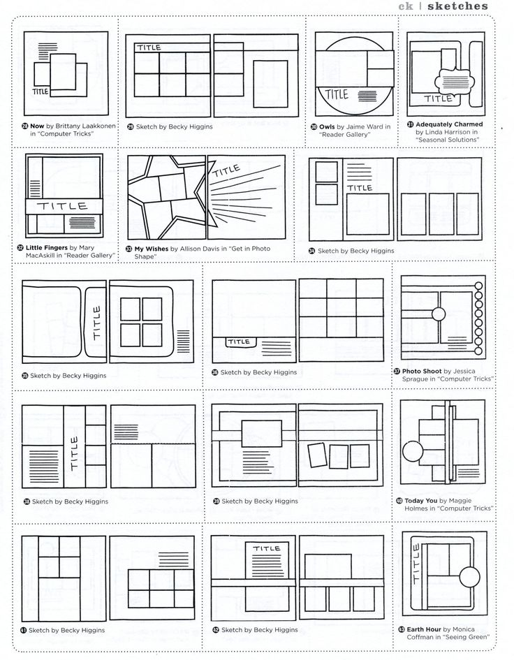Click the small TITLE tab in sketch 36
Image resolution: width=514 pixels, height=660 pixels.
pos(239,342)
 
